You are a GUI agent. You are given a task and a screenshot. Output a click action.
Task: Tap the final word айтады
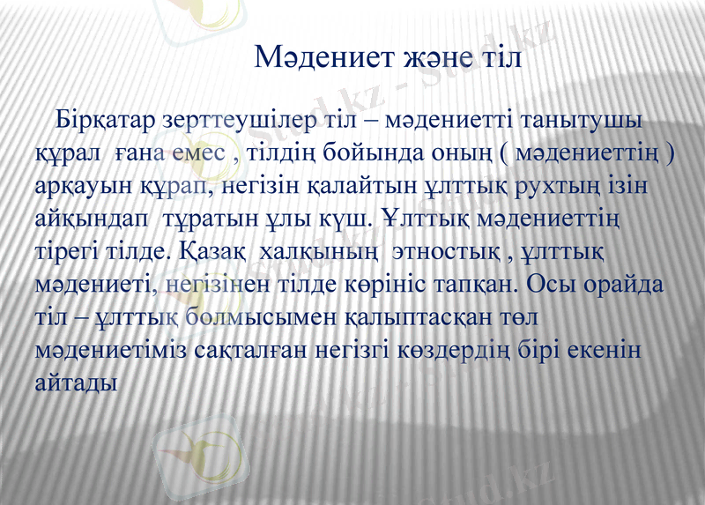tap(77, 383)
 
